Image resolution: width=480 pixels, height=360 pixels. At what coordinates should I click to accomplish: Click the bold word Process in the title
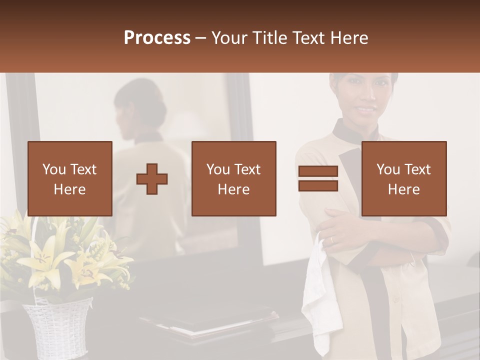(x=157, y=38)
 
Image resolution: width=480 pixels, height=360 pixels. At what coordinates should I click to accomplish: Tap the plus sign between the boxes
(x=152, y=178)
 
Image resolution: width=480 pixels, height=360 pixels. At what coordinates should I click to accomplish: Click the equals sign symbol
(x=318, y=178)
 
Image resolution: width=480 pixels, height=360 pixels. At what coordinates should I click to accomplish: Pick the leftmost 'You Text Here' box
(x=69, y=178)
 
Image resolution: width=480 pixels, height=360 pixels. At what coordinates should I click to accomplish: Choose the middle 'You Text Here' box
(x=233, y=178)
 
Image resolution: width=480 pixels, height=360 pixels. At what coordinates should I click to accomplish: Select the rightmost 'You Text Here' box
(x=403, y=178)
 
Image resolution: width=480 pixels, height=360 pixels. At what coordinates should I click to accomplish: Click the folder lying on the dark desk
(x=210, y=320)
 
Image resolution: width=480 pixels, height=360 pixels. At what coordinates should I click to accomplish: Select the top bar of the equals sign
(x=318, y=171)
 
